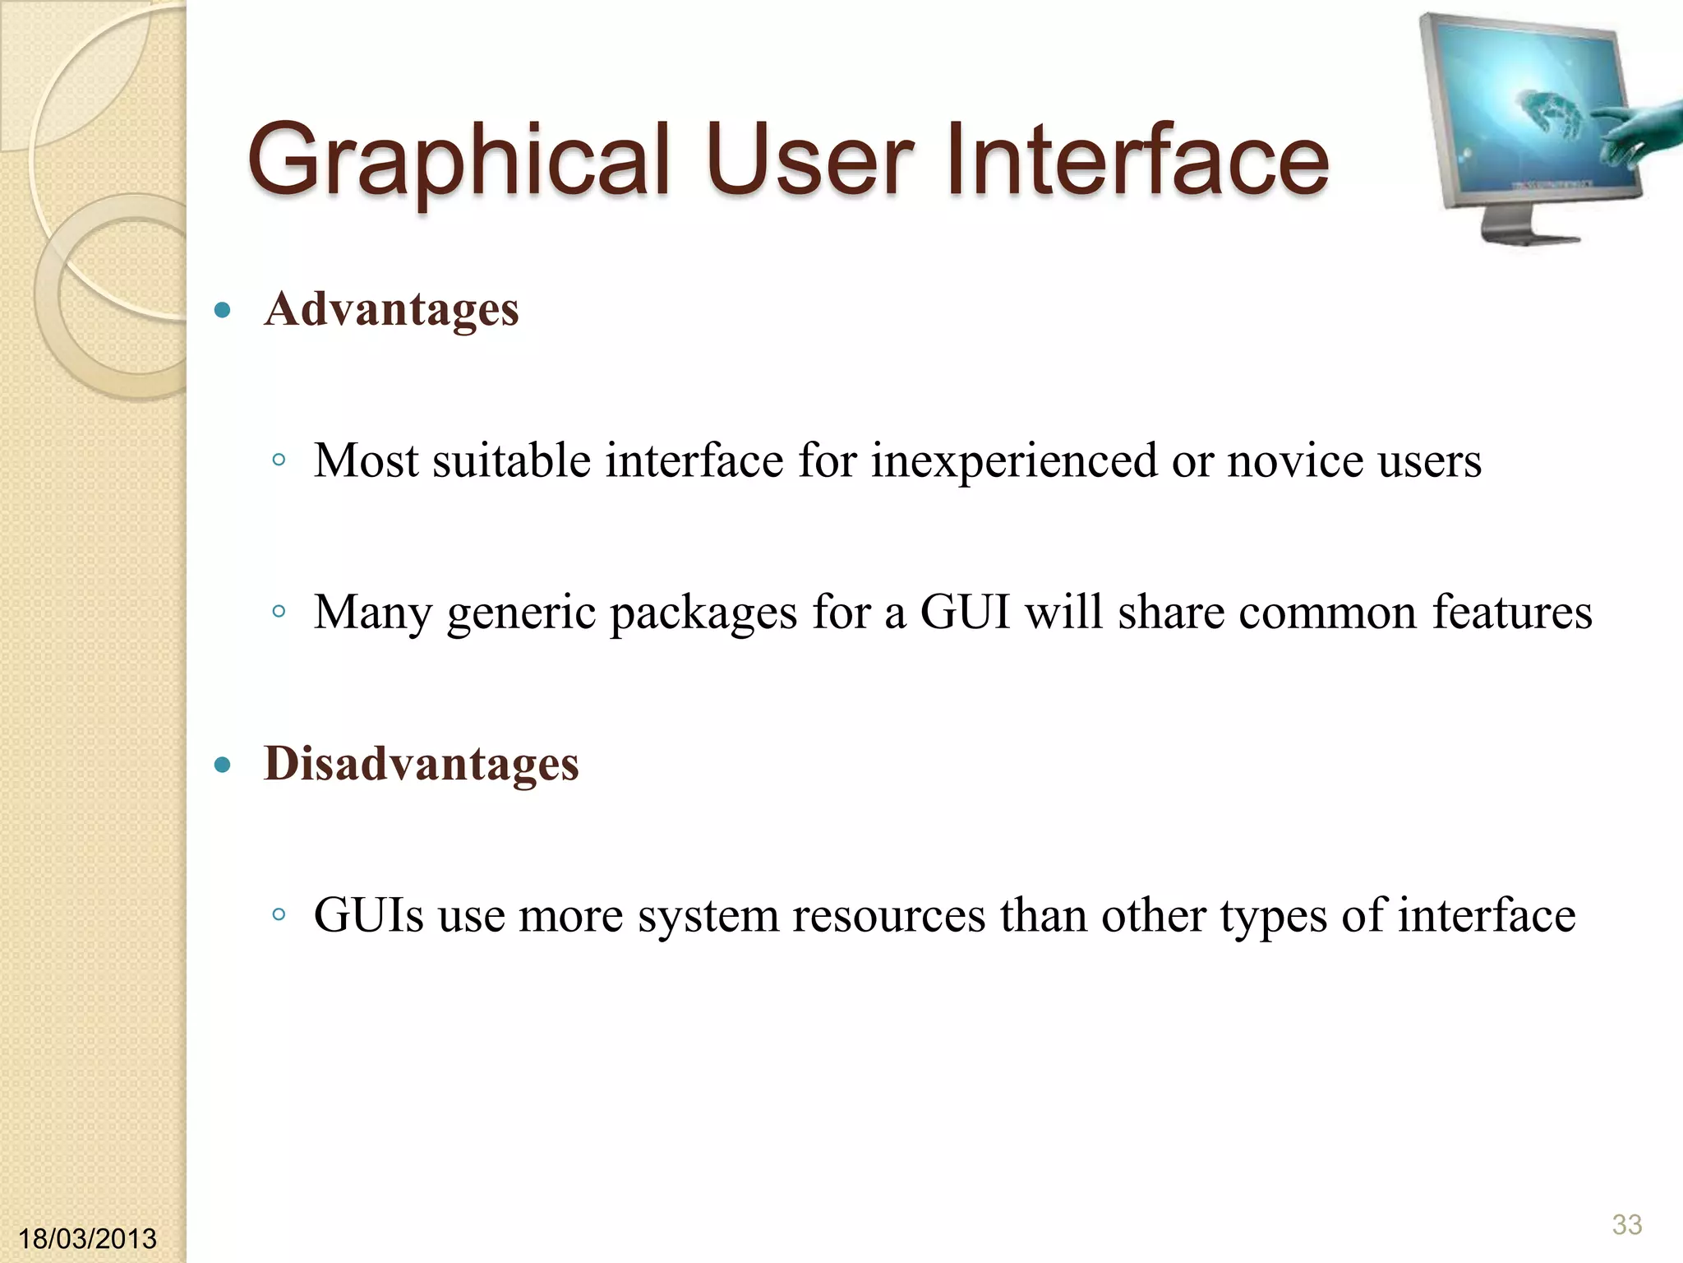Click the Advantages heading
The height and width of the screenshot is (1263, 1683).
point(391,310)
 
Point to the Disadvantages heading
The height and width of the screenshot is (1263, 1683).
point(421,764)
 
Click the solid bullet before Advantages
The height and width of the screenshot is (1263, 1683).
point(221,311)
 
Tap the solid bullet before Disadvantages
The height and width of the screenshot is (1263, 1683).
point(221,766)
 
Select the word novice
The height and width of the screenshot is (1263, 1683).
point(1295,460)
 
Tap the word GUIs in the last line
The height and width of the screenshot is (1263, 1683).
point(369,915)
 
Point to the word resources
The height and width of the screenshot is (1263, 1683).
point(888,917)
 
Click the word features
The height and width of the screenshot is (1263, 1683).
point(1512,613)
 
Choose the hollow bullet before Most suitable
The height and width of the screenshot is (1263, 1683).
point(279,460)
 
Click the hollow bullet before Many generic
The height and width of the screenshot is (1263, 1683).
point(279,612)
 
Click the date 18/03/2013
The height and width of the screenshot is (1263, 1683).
point(87,1238)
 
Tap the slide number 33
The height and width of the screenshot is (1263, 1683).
point(1626,1224)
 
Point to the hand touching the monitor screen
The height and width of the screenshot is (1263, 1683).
point(1631,132)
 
